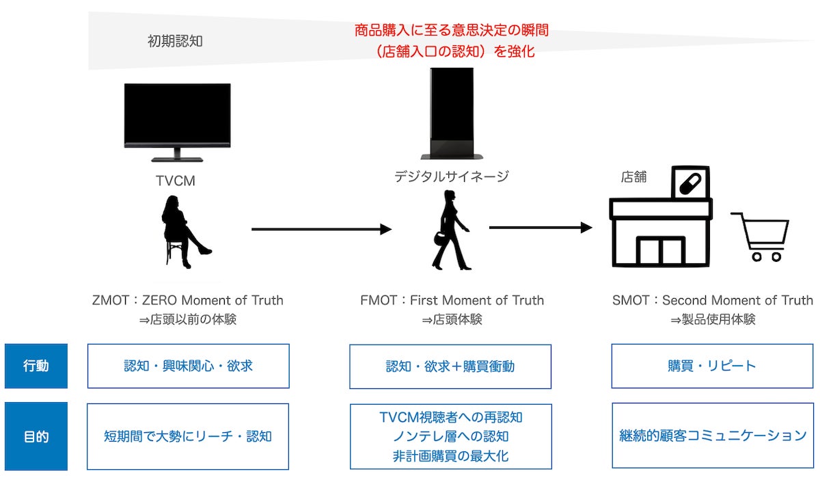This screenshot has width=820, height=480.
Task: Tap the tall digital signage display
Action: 451,113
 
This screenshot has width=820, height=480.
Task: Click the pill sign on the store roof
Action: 690,183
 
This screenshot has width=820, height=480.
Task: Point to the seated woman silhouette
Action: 182,229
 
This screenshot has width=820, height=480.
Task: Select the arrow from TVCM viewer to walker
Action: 320,229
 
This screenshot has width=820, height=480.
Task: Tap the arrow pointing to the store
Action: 540,228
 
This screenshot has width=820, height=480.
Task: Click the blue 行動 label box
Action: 36,366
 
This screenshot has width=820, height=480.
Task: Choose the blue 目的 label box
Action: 36,436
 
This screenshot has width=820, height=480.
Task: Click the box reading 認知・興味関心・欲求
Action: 188,366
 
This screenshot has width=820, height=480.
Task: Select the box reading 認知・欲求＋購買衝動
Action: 450,366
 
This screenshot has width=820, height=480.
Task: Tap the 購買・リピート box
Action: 712,366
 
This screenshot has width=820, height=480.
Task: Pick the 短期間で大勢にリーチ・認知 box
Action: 188,436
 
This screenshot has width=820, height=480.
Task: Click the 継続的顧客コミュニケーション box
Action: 712,436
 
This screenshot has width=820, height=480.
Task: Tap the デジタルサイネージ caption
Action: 451,177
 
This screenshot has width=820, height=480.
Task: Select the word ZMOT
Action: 109,300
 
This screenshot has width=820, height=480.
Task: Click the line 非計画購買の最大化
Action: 450,455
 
